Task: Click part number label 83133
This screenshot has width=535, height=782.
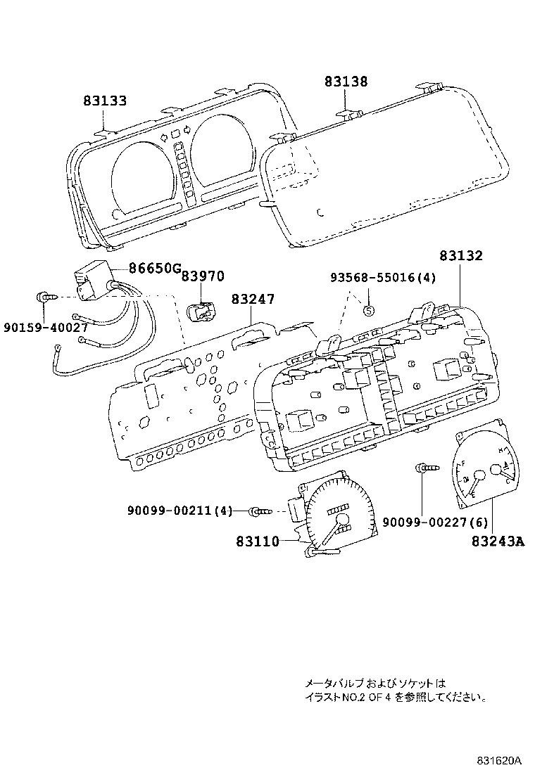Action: click(x=105, y=101)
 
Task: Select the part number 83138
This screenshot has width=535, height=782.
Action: click(x=346, y=82)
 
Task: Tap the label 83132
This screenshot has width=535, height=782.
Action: click(x=461, y=257)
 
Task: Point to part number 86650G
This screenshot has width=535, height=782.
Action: click(x=156, y=268)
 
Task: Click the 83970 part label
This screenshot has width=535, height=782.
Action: click(x=203, y=277)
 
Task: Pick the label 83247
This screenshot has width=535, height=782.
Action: click(x=253, y=300)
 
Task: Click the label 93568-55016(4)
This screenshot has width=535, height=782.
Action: click(x=384, y=278)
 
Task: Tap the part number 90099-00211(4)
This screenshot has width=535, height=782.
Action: click(x=180, y=511)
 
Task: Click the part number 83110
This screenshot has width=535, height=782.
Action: click(x=258, y=541)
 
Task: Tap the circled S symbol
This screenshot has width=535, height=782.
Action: click(x=367, y=309)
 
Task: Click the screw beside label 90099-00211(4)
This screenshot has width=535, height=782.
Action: click(x=260, y=511)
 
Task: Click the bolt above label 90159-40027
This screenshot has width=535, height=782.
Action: click(x=46, y=297)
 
